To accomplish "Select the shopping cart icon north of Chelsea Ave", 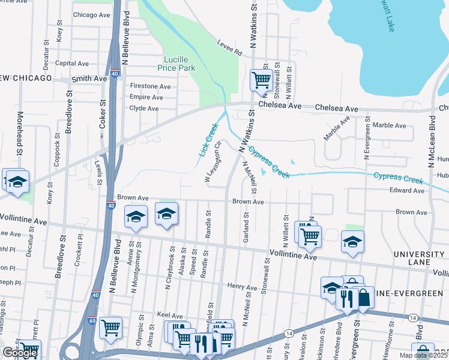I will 261,79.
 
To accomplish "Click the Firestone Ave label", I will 150,86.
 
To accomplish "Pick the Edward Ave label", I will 406,191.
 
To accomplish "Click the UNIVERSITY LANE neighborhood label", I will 420,259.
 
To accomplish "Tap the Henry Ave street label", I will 242,287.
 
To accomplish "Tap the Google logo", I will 19,353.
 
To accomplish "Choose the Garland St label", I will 246,231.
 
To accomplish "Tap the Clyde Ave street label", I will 144,109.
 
